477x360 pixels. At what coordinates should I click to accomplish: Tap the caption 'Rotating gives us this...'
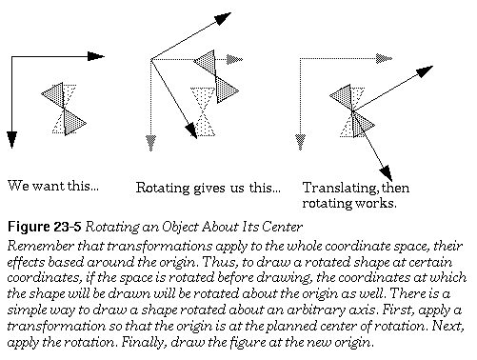(x=207, y=187)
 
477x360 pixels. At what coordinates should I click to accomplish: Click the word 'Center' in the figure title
(x=273, y=227)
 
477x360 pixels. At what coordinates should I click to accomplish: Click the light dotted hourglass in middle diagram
(x=203, y=112)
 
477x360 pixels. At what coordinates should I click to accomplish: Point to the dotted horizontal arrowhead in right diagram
(x=384, y=59)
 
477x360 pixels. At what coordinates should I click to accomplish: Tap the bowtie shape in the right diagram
(x=351, y=110)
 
